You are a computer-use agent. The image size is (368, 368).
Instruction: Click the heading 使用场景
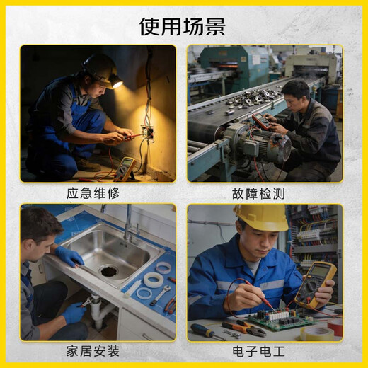point(183,26)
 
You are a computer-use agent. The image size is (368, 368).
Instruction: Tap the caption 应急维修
point(93,193)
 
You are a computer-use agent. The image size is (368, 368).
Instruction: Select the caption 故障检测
point(258,193)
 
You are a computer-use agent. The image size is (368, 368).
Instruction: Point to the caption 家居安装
point(93,351)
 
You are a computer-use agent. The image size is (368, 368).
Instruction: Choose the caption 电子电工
point(258,351)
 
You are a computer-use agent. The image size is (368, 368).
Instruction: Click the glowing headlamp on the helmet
point(117,83)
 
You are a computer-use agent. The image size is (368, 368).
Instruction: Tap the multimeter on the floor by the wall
point(125,168)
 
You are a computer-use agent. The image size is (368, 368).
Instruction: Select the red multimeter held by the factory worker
point(260,120)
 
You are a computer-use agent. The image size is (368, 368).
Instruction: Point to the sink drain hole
point(110,270)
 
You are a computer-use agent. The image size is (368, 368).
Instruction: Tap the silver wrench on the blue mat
point(160,294)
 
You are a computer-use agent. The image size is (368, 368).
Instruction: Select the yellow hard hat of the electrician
point(261,217)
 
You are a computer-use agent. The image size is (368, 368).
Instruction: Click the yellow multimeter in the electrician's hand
point(316,284)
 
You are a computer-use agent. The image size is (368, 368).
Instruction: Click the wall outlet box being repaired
point(148,133)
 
